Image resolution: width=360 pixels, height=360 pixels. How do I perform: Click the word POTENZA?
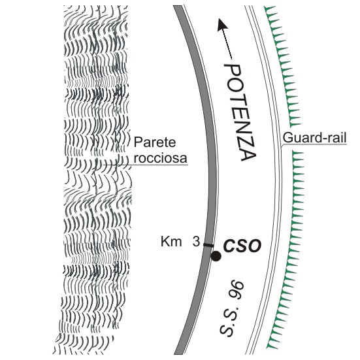pos(240,112)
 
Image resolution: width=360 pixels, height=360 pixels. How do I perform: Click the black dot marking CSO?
pos(216,256)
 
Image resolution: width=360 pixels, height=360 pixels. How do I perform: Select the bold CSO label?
pos(242,246)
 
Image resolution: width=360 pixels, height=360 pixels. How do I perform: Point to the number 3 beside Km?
pos(196,242)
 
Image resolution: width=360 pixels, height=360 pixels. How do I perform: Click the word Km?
pos(171,242)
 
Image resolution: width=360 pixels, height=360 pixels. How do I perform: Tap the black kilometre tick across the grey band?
pos(208,246)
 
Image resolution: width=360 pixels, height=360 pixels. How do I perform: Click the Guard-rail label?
pos(314,138)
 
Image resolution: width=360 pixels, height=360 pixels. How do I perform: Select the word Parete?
pos(155,142)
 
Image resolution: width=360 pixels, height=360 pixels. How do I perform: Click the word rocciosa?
pos(160,158)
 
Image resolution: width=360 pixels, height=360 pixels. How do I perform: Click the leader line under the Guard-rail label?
pos(314,144)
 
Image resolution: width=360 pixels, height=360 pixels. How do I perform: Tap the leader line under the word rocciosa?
pos(145,165)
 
